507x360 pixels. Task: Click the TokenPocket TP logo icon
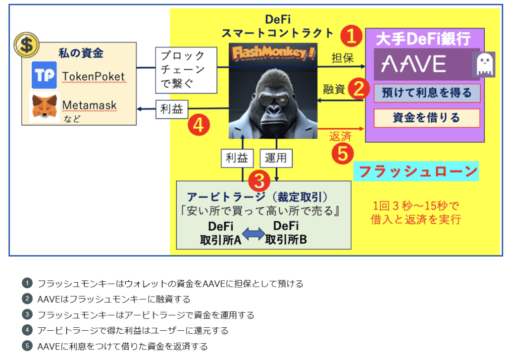pos(45,75)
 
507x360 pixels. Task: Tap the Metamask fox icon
pos(45,106)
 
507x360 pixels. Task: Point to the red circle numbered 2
pos(359,89)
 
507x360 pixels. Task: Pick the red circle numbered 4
pos(198,125)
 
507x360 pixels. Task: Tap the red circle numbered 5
pos(342,153)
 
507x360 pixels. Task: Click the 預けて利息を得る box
pos(426,93)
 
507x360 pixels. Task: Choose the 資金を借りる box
pos(426,118)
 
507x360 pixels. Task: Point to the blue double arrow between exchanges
pos(253,233)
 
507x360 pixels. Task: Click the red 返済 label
pos(340,136)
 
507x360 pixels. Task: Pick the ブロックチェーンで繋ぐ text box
pos(187,70)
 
